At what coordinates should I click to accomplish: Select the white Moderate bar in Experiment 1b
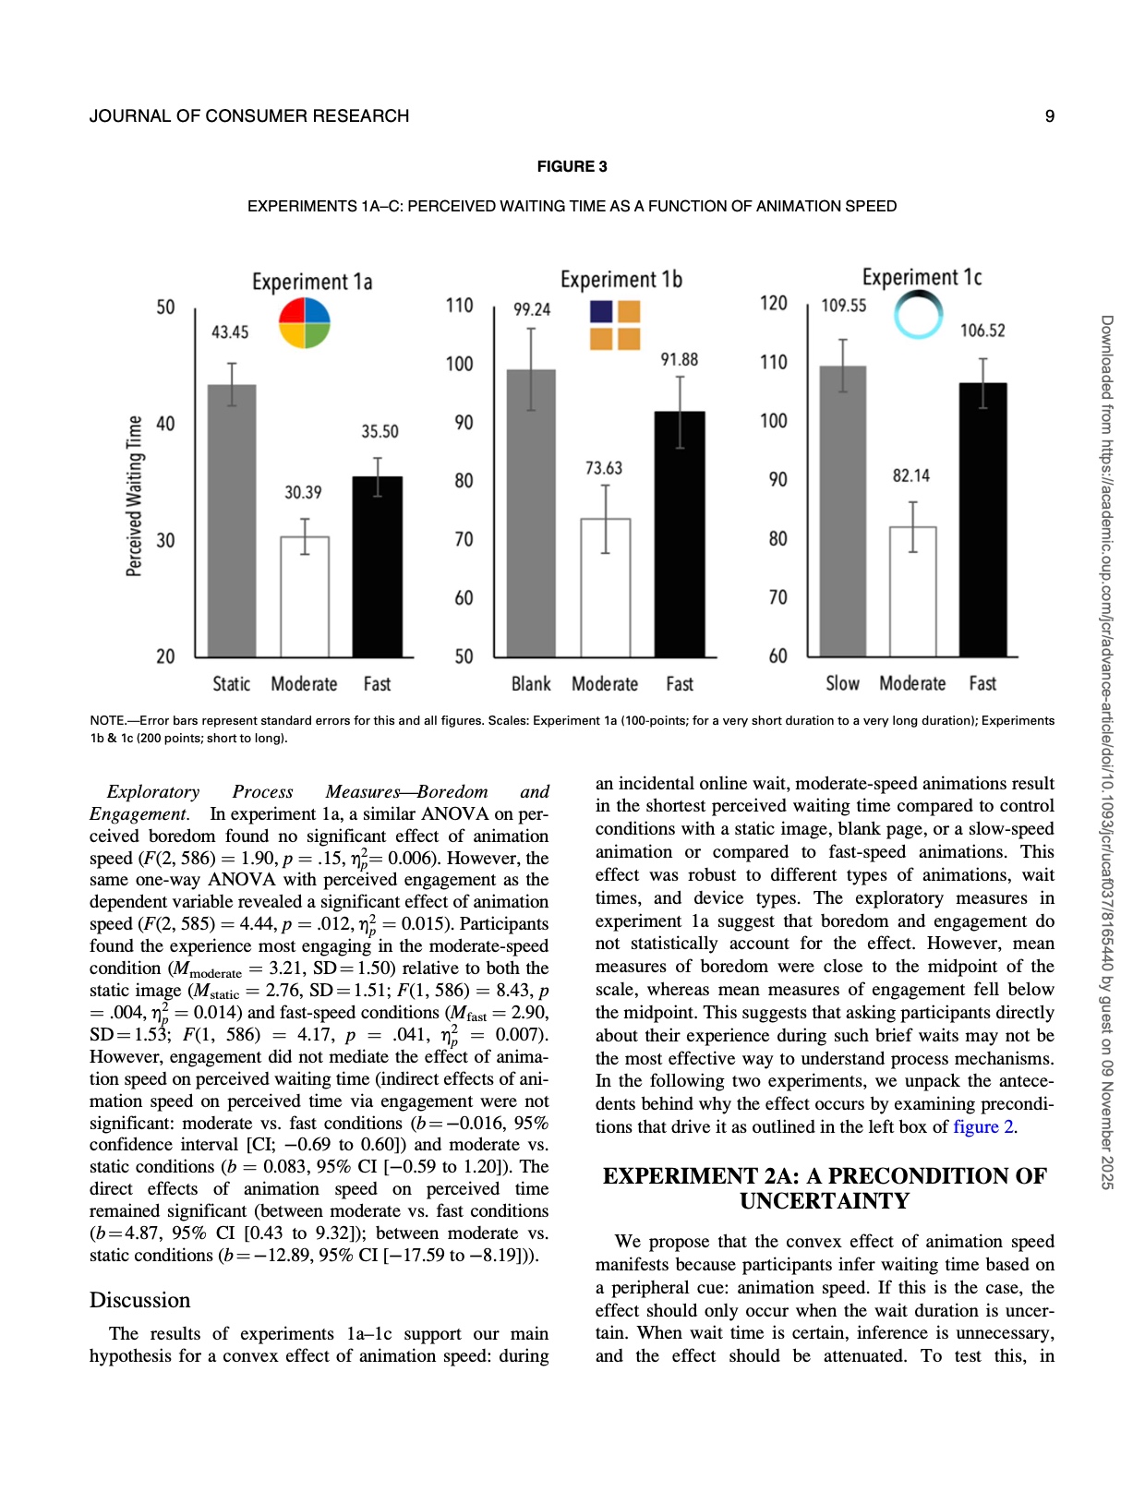pos(606,587)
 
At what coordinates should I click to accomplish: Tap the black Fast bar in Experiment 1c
pos(983,519)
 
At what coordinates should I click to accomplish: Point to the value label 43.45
pos(230,332)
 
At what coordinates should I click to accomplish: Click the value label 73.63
pos(604,469)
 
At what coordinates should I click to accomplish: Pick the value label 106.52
pos(982,331)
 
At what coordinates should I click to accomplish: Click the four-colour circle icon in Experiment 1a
pos(305,323)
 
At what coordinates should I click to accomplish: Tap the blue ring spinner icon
pos(919,315)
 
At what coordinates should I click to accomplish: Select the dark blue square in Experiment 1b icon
pos(601,311)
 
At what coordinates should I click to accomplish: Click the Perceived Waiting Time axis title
pos(135,496)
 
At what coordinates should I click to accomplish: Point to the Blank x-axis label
pos(531,684)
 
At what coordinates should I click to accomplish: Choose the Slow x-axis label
pos(842,684)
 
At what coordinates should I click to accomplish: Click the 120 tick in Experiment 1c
pos(774,304)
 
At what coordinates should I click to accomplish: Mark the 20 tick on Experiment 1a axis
pos(165,656)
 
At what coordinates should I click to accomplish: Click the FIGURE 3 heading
pos(572,166)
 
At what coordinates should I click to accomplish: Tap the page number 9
pos(1049,116)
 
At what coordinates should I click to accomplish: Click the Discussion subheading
pos(140,1300)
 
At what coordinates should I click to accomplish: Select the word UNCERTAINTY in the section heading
pos(825,1201)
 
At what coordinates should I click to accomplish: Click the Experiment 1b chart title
pos(621,280)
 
